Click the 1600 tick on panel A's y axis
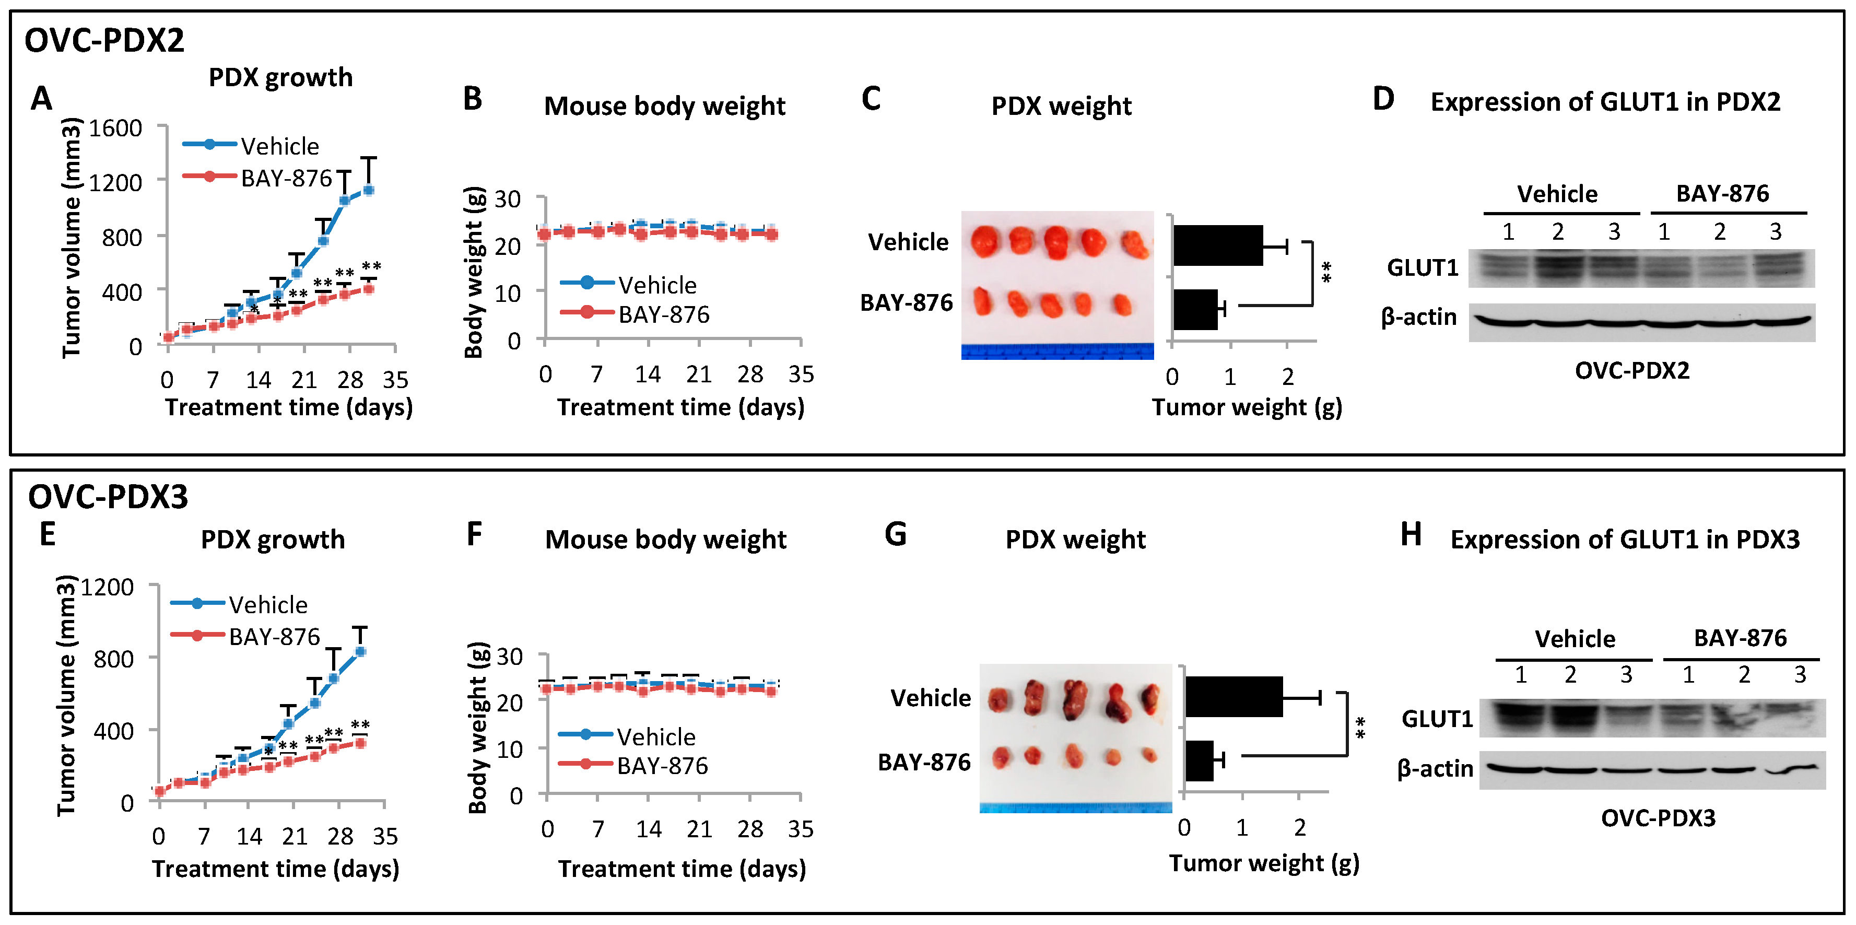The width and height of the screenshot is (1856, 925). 115,128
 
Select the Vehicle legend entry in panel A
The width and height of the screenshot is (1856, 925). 279,146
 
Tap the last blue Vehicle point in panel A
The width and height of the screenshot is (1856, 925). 368,190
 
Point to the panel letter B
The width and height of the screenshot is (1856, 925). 473,99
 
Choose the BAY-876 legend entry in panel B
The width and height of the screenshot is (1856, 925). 663,315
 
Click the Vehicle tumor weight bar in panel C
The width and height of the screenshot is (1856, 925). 1218,245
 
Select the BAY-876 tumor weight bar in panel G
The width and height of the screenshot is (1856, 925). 1199,761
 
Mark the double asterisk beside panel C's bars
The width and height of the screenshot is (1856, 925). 1326,272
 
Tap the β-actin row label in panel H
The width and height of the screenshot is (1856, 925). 1435,769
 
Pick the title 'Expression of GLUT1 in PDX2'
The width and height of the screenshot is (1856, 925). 1605,102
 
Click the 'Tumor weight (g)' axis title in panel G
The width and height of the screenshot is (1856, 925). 1264,862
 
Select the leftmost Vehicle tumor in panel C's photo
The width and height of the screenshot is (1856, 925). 985,241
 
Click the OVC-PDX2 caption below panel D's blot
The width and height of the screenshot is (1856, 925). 1632,370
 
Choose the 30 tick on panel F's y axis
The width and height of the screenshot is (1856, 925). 509,657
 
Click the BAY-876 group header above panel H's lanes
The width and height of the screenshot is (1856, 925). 1740,638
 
